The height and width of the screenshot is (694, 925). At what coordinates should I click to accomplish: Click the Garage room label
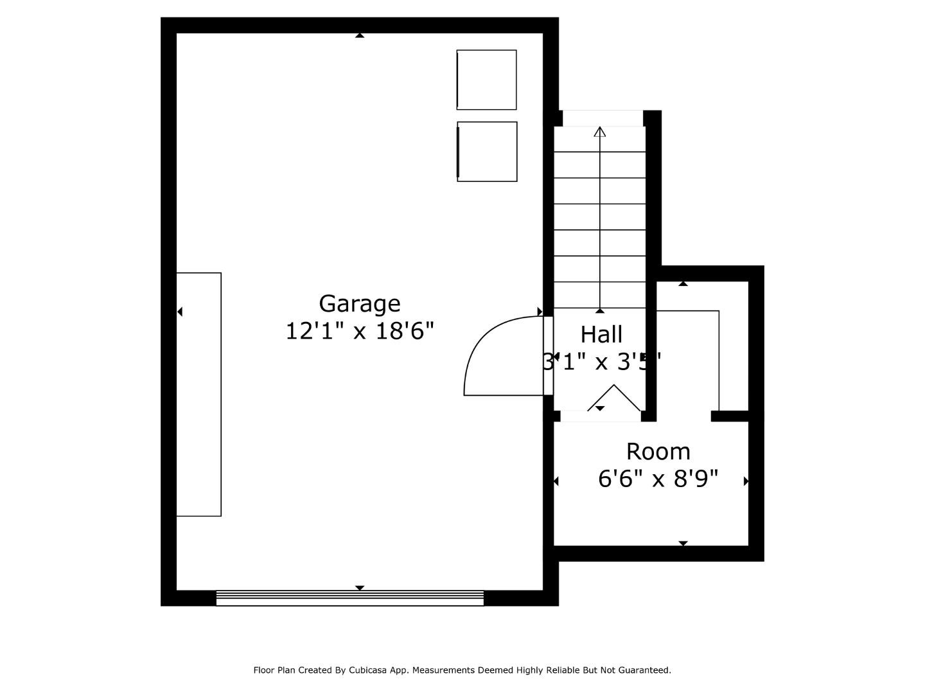359,303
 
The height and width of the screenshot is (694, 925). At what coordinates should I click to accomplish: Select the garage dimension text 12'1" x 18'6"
359,332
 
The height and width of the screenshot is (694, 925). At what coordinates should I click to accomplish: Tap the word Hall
601,335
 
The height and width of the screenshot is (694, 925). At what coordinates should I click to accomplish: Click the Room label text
658,452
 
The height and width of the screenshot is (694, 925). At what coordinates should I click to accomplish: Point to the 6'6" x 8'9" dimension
658,479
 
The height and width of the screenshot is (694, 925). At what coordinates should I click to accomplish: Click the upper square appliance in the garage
486,80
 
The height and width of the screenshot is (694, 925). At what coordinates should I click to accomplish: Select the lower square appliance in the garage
487,152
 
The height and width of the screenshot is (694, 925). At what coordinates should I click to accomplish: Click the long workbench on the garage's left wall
198,394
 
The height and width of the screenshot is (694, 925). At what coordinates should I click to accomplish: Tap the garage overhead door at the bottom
349,598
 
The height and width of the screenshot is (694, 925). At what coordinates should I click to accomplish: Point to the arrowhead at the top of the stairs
600,132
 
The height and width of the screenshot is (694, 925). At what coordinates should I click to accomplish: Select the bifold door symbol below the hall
614,398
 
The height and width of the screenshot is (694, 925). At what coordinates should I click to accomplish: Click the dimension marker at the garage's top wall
360,35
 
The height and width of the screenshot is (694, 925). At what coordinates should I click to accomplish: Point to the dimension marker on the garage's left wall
180,312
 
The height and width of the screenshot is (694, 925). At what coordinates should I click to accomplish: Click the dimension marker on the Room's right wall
746,481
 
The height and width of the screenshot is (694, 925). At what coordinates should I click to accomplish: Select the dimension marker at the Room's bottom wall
683,544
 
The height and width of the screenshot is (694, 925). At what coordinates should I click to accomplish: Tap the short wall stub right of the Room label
730,416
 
